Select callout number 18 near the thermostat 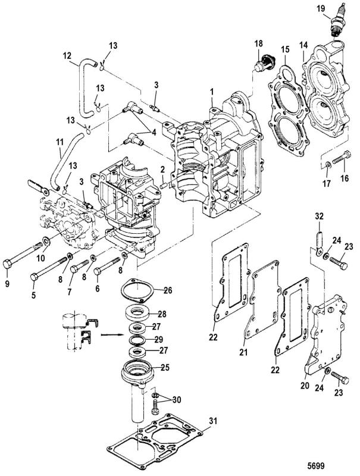point(259,44)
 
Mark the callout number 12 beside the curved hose point(67,58)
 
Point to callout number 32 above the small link point(318,216)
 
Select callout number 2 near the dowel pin point(162,170)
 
